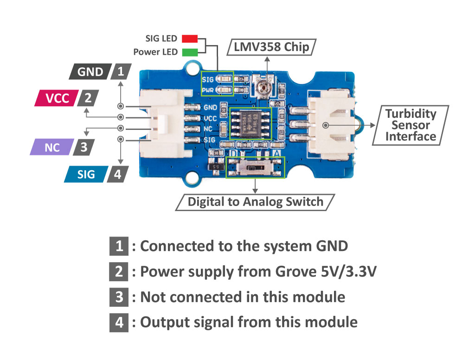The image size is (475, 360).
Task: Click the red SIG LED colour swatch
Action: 190,39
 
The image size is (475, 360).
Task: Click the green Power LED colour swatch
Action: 190,52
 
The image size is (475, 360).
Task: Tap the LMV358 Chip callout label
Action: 271,47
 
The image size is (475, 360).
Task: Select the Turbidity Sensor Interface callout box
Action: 411,124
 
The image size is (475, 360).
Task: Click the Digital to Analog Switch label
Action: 255,202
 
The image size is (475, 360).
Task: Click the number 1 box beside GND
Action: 121,72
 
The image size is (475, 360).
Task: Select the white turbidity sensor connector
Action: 331,123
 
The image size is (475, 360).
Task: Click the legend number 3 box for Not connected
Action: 119,296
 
